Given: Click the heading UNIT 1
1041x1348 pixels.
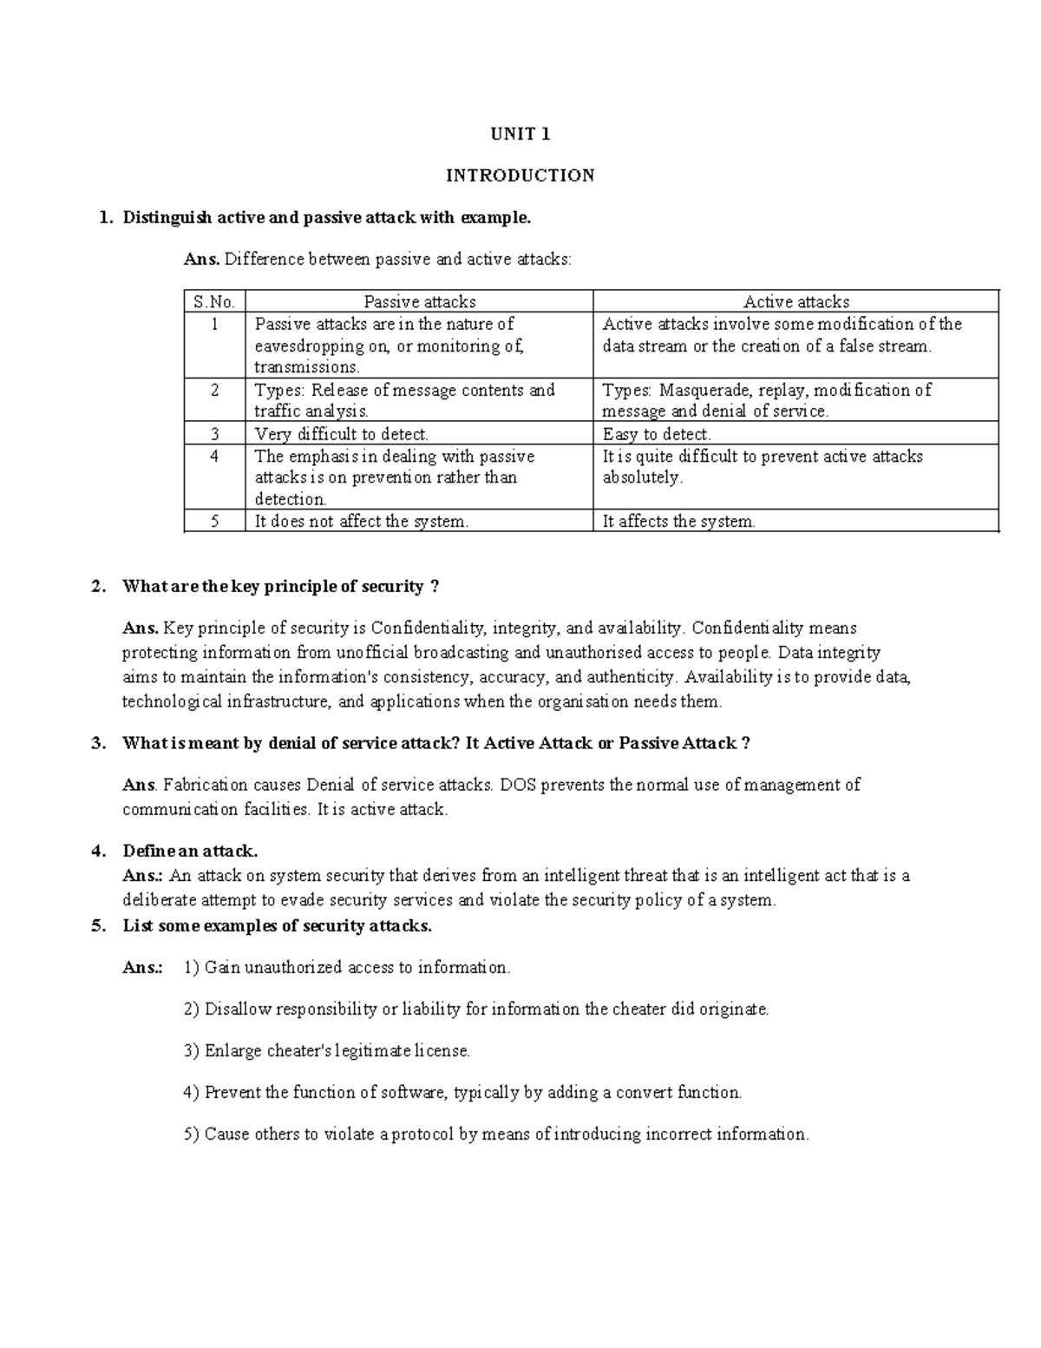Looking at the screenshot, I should click(x=520, y=134).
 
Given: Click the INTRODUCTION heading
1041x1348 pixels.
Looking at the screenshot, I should click(x=520, y=175).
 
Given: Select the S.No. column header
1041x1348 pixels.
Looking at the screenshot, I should click(x=214, y=302).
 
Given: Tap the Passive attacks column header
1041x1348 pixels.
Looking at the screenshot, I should click(x=420, y=302).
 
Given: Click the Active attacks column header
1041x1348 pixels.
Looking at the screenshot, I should click(x=795, y=302).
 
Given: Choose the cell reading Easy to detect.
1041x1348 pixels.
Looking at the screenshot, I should click(x=657, y=434).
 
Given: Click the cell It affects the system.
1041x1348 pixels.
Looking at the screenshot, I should click(x=679, y=522).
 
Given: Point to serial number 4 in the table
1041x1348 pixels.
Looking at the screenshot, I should click(x=214, y=457).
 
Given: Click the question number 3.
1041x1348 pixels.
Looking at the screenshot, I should click(x=98, y=744).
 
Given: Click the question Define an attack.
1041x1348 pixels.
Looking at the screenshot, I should click(x=190, y=851).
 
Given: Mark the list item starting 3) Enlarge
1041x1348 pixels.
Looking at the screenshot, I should click(x=327, y=1051).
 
